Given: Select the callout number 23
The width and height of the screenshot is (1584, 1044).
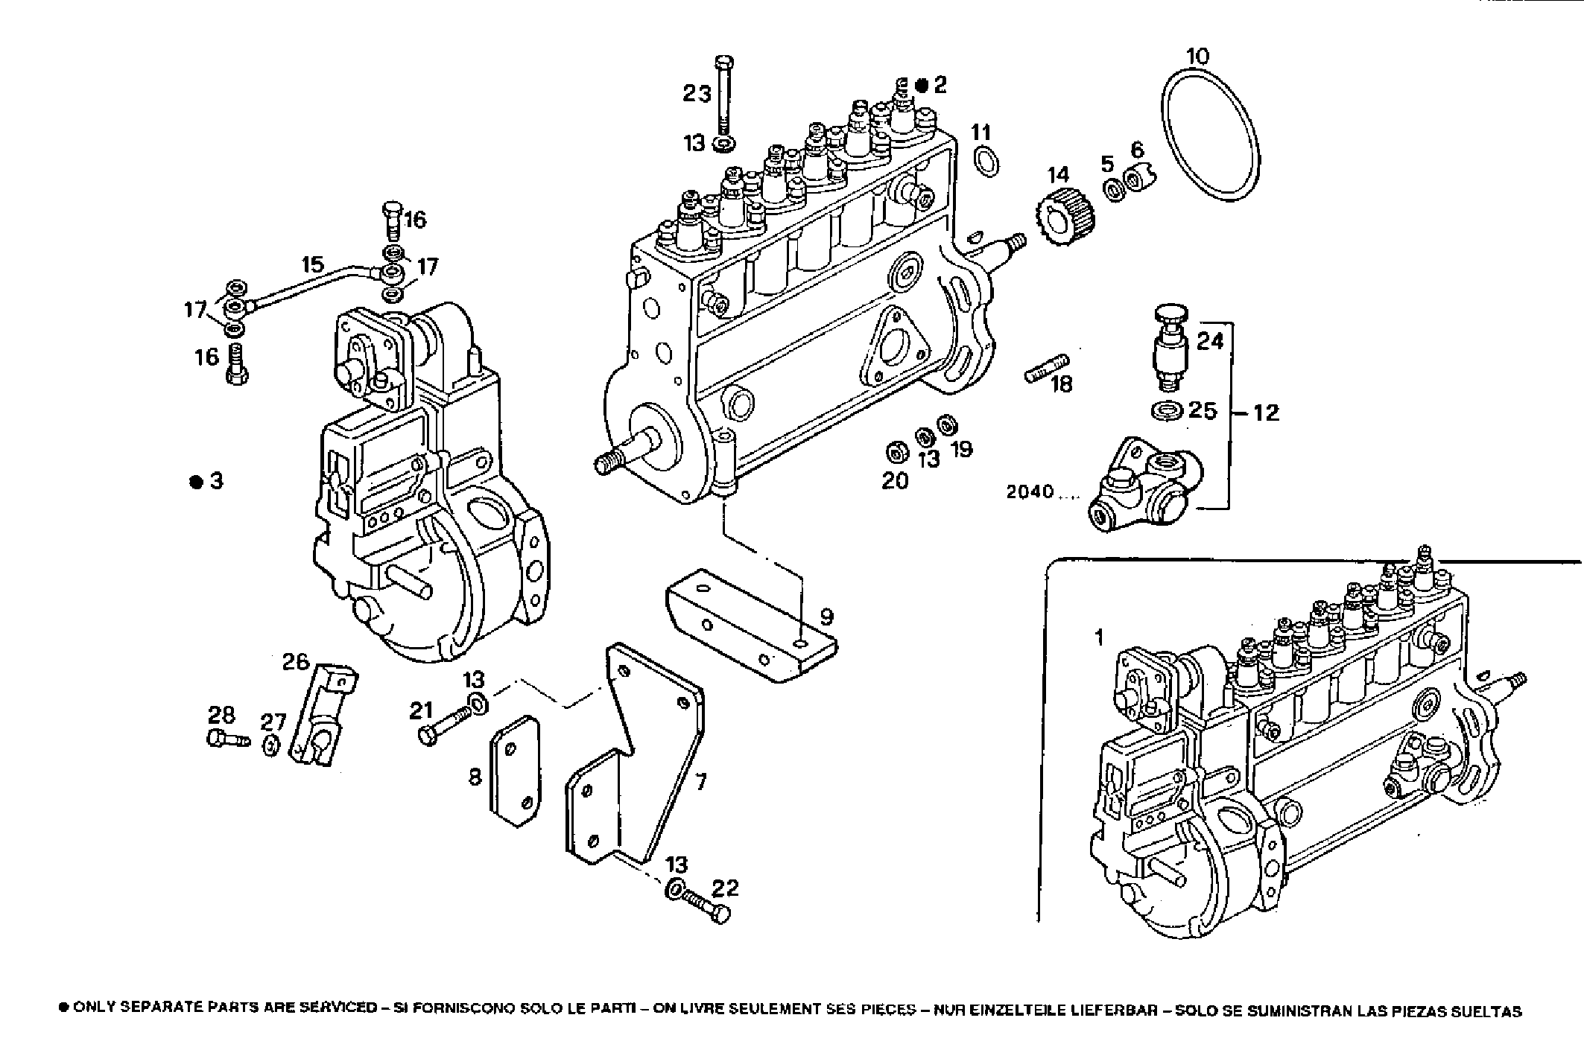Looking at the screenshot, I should (x=697, y=94).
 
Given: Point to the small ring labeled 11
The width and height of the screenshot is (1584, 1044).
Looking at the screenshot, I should (x=986, y=163).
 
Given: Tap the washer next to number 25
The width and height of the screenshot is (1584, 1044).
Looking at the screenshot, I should (x=1168, y=410).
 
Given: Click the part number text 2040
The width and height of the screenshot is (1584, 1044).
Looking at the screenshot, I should (x=1030, y=491).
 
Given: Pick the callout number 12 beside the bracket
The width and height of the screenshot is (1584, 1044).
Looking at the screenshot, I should (x=1266, y=412).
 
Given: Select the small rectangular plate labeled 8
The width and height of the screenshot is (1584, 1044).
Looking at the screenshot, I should (x=514, y=771).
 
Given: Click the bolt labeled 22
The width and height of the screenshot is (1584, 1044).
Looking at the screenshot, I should (x=704, y=903).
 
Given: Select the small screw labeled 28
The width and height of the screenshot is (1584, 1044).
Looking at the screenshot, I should (x=226, y=739).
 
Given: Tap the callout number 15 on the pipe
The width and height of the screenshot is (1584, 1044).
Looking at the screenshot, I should (x=313, y=264).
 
